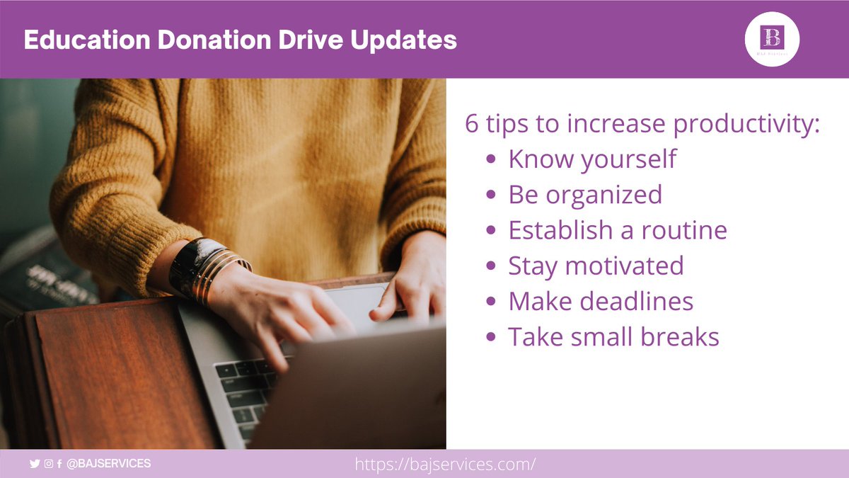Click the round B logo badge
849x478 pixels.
click(772, 38)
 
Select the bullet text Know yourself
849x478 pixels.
click(591, 159)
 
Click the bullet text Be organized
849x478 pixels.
click(585, 194)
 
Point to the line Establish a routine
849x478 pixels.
click(617, 230)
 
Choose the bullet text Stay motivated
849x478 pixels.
click(596, 266)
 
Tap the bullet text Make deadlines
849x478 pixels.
click(601, 302)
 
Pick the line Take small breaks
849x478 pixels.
click(613, 337)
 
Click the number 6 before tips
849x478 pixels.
click(472, 123)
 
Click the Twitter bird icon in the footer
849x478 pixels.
click(35, 464)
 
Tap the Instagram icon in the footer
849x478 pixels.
click(48, 464)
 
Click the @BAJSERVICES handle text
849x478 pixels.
click(108, 464)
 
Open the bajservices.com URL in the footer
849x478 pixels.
click(445, 465)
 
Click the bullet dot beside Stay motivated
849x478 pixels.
click(490, 267)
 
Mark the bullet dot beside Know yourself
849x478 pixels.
click(490, 160)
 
